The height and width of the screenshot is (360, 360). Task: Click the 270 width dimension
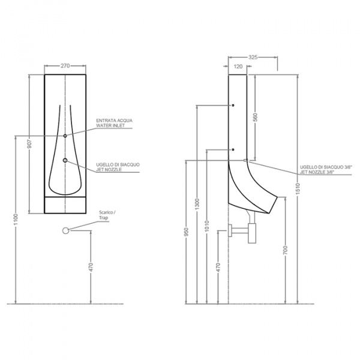pyautogui.click(x=65, y=66)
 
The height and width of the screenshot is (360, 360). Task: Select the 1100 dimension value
pyautogui.click(x=16, y=220)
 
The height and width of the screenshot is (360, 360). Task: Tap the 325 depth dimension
pyautogui.click(x=253, y=57)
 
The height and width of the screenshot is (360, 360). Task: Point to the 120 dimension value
pyautogui.click(x=238, y=67)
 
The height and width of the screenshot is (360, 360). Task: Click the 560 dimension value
pyautogui.click(x=256, y=118)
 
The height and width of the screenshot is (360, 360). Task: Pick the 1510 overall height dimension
pyautogui.click(x=298, y=189)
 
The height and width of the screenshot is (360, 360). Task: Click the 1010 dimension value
pyautogui.click(x=207, y=226)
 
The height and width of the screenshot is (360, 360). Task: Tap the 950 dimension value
pyautogui.click(x=187, y=232)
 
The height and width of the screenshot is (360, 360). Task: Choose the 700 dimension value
pyautogui.click(x=286, y=250)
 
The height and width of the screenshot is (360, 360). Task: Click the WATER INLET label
pyautogui.click(x=110, y=125)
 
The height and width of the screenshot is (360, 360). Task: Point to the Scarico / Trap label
pyautogui.click(x=107, y=215)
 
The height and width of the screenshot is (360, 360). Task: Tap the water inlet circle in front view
pyautogui.click(x=65, y=136)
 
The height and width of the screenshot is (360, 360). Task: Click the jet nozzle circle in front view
pyautogui.click(x=65, y=160)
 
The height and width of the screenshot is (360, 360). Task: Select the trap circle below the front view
pyautogui.click(x=65, y=230)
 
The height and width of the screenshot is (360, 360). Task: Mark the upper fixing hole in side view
pyautogui.click(x=233, y=106)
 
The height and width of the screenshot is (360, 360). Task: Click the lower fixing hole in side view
pyautogui.click(x=233, y=149)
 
